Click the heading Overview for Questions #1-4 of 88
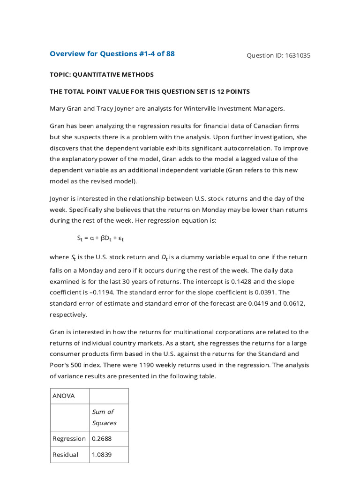[x=112, y=54]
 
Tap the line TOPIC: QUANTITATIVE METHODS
[x=102, y=75]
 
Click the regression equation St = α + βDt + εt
[x=100, y=239]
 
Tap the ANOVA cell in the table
[x=64, y=396]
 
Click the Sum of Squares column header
[x=104, y=417]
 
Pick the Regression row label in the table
[x=69, y=439]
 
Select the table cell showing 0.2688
[x=102, y=439]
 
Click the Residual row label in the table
[x=66, y=455]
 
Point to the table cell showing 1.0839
[x=102, y=455]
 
